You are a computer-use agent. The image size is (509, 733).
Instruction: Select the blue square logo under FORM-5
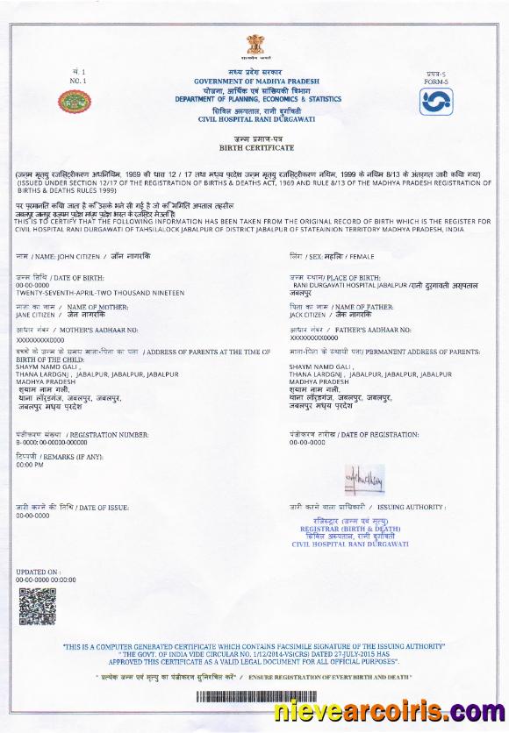(434, 101)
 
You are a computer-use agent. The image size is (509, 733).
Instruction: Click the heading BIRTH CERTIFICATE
(254, 150)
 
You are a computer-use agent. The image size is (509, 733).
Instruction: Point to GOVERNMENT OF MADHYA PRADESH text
(254, 81)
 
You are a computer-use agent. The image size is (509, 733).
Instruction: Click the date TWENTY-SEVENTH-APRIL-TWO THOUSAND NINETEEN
(100, 293)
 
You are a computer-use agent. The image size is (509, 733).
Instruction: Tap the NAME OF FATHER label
(360, 307)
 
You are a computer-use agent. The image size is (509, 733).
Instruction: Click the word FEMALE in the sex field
(362, 257)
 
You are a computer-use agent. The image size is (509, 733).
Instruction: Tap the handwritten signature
(363, 478)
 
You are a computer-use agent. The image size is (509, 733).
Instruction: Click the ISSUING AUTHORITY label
(412, 508)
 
